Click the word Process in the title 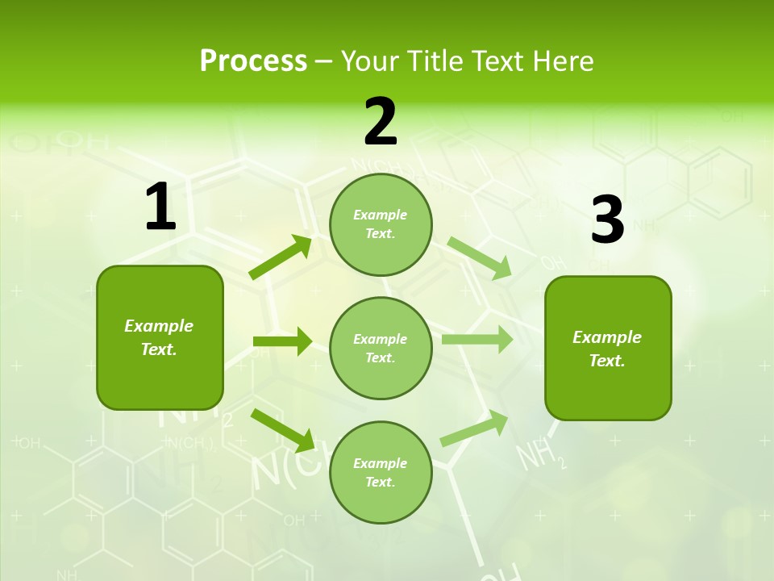pos(253,61)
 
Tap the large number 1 pos(160,207)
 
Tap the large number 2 pos(381,122)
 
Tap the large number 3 pos(607,220)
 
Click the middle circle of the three pos(381,348)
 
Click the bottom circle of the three pos(381,472)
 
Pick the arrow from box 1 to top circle pos(281,257)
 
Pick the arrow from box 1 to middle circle pos(282,342)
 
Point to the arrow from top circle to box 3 pos(480,257)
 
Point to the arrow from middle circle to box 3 pos(477,339)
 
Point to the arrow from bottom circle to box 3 pos(475,428)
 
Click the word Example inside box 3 pos(607,337)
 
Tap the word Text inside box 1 pos(159,349)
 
